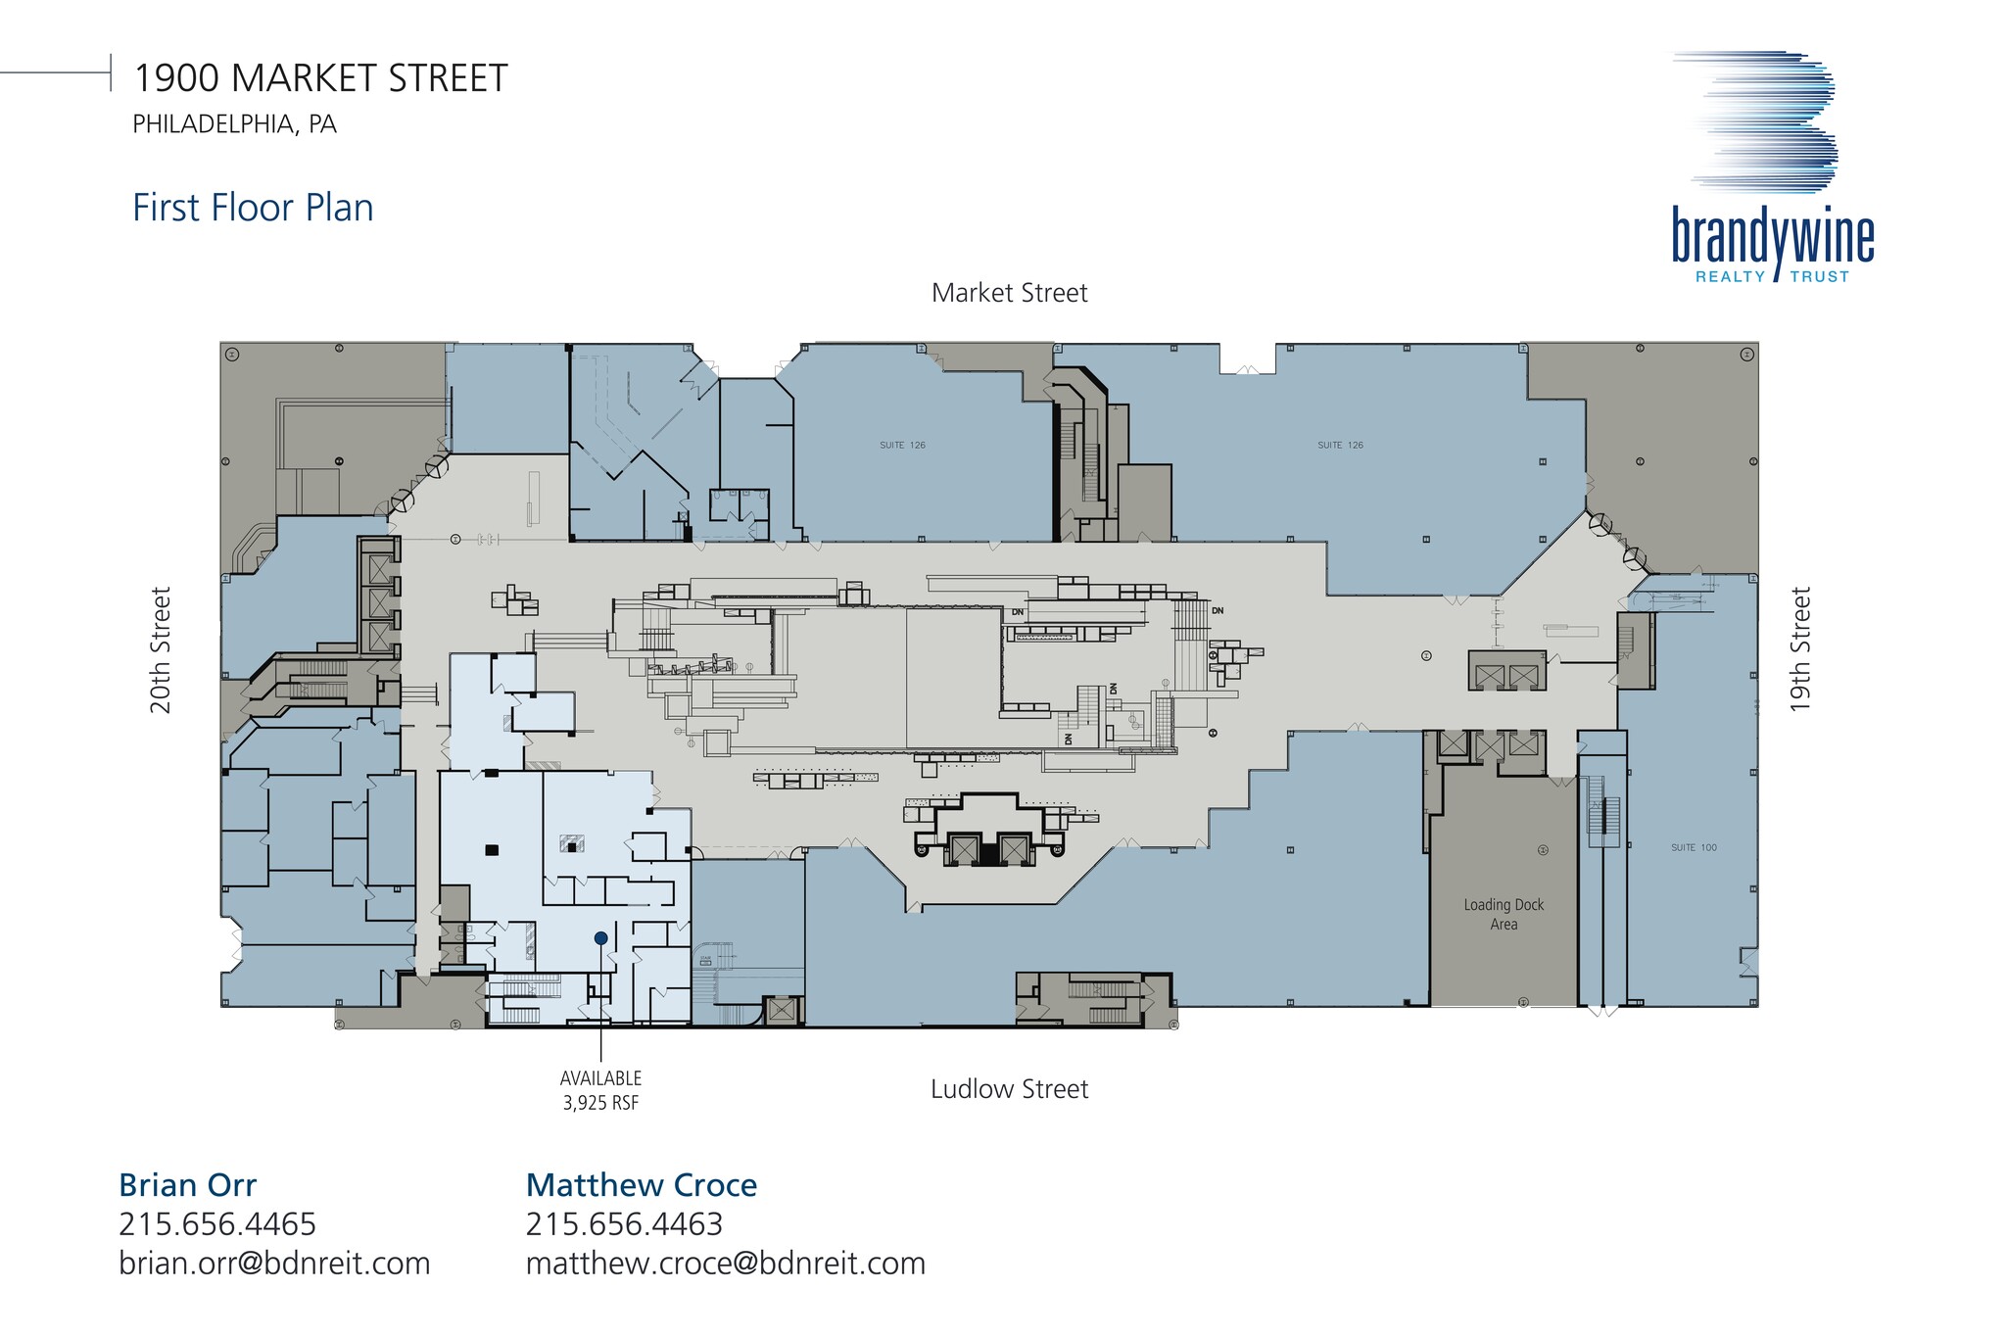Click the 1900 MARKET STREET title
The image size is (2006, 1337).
(320, 78)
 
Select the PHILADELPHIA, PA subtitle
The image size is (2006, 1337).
(234, 124)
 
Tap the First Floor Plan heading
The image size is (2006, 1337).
(253, 208)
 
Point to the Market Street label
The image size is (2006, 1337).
(1009, 293)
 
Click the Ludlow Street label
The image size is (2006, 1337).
(1009, 1089)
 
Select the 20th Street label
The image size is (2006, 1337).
(161, 649)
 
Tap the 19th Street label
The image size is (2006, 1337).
(1800, 649)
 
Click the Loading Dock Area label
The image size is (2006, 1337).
(1504, 914)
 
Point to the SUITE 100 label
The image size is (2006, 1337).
(1694, 847)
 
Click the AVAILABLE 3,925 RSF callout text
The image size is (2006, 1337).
(600, 1090)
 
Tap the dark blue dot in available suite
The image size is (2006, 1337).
(600, 938)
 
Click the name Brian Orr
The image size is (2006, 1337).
(187, 1185)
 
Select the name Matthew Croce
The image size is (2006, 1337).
(642, 1185)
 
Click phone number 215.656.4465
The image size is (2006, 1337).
(217, 1224)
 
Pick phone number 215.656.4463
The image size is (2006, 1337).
(624, 1224)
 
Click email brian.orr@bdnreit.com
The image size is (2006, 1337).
(274, 1264)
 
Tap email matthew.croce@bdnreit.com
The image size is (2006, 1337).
(725, 1264)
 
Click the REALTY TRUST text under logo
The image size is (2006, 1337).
(1772, 277)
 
